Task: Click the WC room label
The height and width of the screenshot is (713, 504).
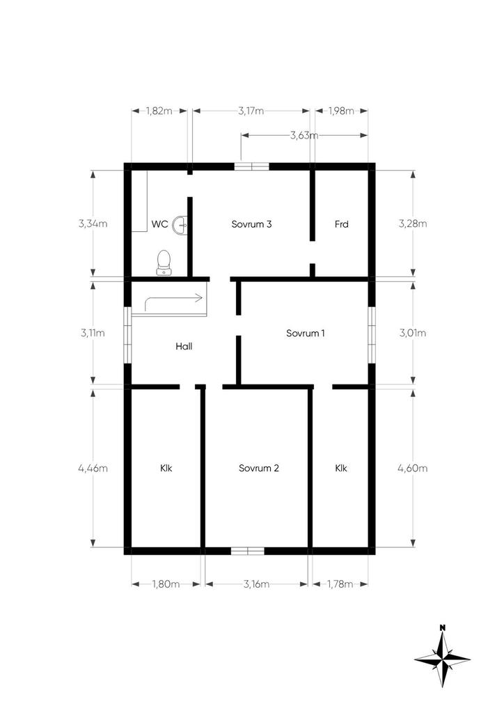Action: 159,224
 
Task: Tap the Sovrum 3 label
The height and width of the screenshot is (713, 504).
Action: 251,224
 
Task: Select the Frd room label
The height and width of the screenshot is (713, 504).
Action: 341,224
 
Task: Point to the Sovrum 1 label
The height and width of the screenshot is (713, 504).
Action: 306,334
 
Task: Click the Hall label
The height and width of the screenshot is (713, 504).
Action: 184,347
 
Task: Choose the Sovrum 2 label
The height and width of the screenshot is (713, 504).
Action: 258,469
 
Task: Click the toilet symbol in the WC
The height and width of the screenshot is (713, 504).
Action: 164,263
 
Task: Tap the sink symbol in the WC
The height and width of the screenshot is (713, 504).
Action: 180,225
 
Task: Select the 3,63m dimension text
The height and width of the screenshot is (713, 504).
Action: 304,135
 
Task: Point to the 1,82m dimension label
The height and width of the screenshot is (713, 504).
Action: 159,111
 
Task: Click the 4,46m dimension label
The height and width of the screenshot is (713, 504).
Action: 93,469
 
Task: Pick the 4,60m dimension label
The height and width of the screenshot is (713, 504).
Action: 413,469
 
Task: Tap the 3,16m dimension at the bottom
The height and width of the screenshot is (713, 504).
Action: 256,584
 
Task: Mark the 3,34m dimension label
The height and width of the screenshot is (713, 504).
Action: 93,224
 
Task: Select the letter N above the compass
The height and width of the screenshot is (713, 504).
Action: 442,627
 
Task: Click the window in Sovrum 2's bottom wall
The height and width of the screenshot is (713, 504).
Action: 248,551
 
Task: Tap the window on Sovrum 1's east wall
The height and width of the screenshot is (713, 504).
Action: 372,335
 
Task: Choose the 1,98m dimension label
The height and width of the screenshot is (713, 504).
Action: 341,111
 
